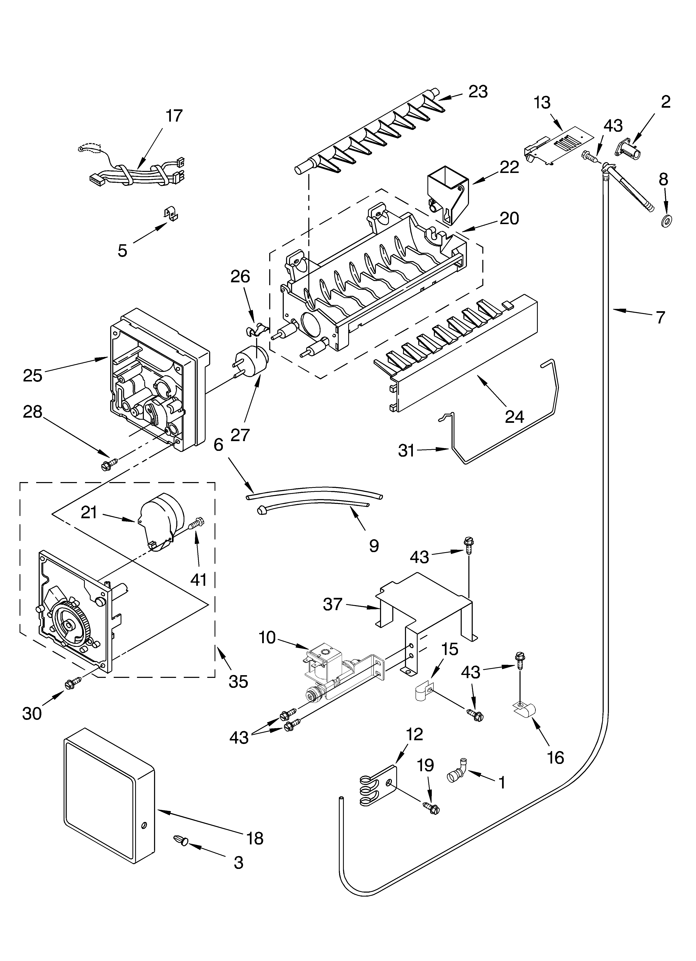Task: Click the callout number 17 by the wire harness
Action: pos(174,116)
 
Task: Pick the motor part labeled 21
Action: pos(161,523)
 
